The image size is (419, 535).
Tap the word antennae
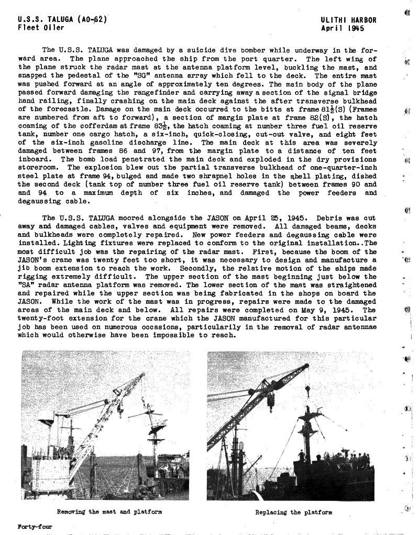point(359,326)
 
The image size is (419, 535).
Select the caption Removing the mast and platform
point(109,512)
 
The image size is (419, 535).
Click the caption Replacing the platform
point(293,512)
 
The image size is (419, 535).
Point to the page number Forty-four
point(35,527)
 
